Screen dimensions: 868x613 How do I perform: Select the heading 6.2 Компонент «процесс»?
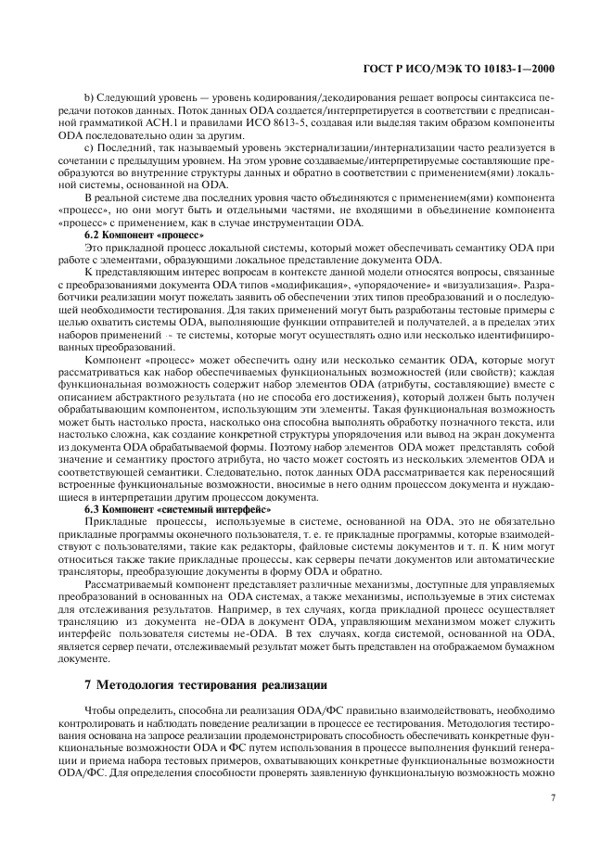click(130, 236)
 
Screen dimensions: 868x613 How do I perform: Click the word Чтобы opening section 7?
click(99, 708)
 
